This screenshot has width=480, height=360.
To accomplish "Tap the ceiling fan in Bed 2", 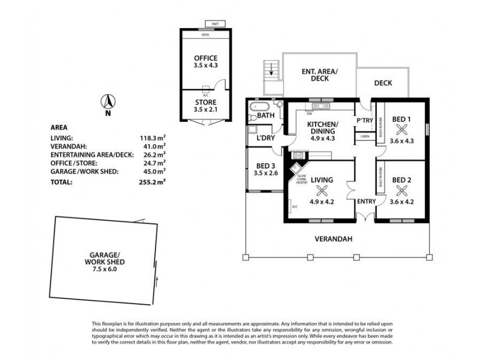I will [401, 192].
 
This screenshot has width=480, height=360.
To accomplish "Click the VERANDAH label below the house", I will [335, 239].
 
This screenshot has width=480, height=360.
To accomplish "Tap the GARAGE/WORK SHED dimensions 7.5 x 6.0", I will [104, 269].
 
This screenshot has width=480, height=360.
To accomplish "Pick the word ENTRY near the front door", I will [365, 202].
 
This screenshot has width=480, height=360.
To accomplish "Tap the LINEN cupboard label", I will [365, 137].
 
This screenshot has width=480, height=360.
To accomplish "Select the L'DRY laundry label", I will [265, 139].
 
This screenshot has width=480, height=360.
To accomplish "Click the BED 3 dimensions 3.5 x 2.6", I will [266, 174].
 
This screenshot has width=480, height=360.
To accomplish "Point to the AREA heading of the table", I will [59, 127].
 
